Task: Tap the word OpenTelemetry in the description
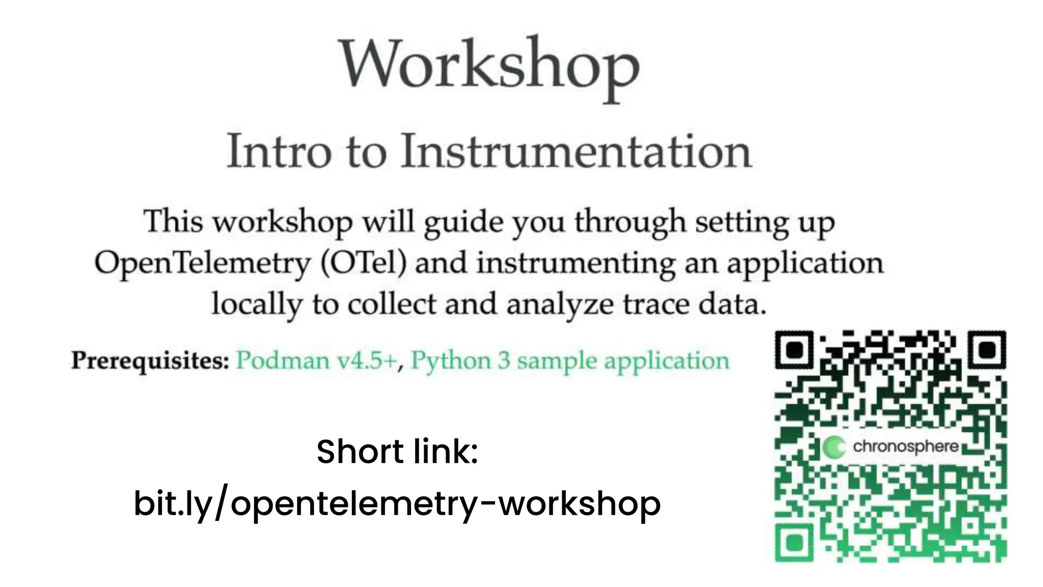click(x=202, y=263)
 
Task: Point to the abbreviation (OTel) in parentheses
click(x=364, y=263)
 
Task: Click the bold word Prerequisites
click(x=150, y=361)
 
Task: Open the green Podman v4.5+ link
click(x=316, y=361)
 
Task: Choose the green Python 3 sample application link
click(x=570, y=361)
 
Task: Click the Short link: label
click(x=397, y=451)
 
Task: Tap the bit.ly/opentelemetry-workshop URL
click(x=397, y=503)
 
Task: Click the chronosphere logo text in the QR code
click(x=905, y=447)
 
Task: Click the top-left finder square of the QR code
click(x=795, y=350)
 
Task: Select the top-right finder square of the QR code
click(x=987, y=350)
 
